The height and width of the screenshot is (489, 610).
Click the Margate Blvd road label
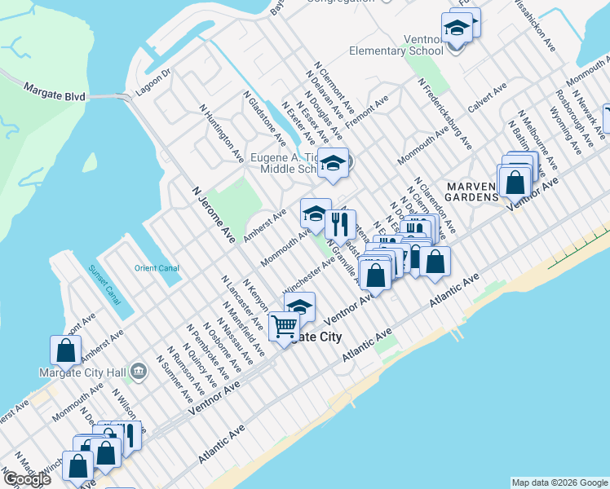pyautogui.click(x=55, y=91)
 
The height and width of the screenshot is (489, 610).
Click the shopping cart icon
pyautogui.click(x=284, y=328)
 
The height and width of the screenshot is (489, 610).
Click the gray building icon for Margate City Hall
pyautogui.click(x=139, y=372)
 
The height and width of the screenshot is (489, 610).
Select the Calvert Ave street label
pyautogui.click(x=487, y=97)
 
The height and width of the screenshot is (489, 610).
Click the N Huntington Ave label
pyautogui.click(x=221, y=131)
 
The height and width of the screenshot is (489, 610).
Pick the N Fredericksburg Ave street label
pyautogui.click(x=444, y=114)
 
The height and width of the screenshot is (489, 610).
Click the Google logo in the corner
pyautogui.click(x=26, y=479)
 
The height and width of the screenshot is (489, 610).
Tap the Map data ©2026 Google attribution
pyautogui.click(x=559, y=482)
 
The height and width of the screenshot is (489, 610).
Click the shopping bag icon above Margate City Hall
pyautogui.click(x=65, y=350)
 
